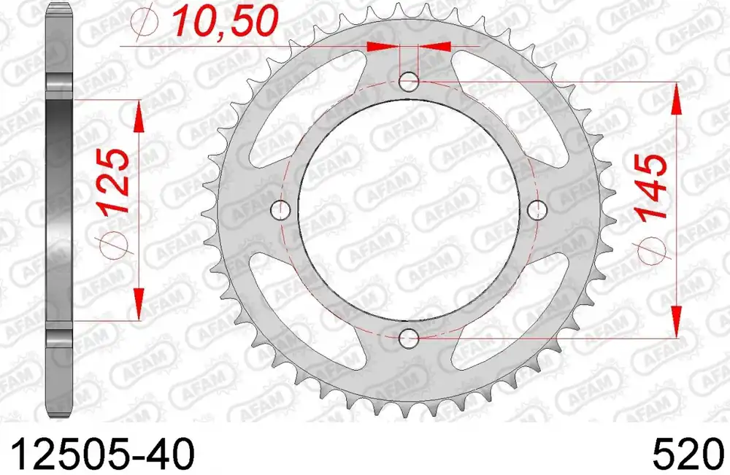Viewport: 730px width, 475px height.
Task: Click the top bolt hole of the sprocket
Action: [x=410, y=82]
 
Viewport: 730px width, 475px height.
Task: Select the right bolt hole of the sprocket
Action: [x=539, y=210]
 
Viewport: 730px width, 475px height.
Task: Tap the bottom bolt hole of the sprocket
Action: [x=410, y=339]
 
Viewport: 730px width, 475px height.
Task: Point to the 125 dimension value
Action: [x=115, y=181]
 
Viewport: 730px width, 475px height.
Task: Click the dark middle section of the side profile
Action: [x=59, y=212]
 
